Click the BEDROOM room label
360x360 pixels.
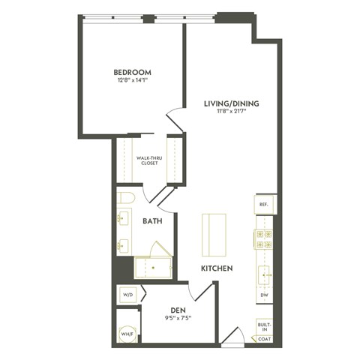tap(132, 73)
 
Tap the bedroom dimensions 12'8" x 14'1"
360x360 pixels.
tap(132, 82)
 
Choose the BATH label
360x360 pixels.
tap(153, 221)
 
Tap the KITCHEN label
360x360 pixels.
tap(215, 268)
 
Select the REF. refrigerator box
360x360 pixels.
tap(264, 204)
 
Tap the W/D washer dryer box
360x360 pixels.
tap(127, 295)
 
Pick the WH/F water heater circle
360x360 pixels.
tap(126, 332)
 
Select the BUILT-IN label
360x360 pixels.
tap(264, 326)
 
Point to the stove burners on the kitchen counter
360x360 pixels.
tap(264, 238)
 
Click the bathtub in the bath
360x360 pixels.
tap(152, 267)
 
